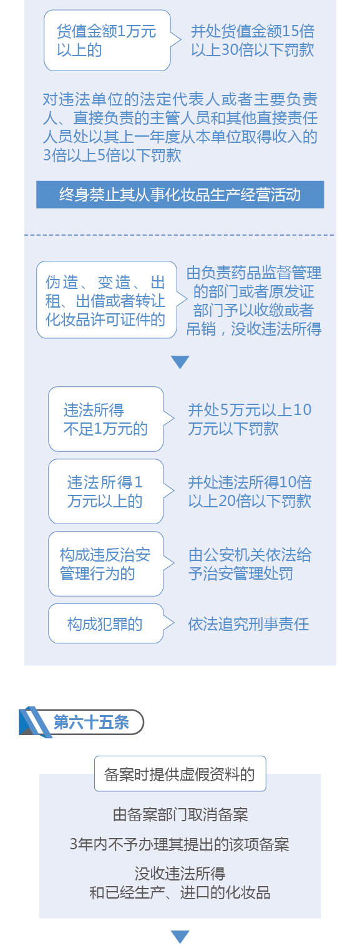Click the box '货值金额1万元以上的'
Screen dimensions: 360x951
(x=107, y=41)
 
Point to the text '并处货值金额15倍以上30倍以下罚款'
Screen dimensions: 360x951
(x=253, y=41)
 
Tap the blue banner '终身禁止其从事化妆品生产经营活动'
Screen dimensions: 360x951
(x=180, y=195)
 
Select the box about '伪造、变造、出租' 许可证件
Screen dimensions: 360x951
(x=107, y=300)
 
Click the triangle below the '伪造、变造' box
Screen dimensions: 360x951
(x=180, y=362)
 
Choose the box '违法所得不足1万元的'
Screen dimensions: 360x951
(x=106, y=419)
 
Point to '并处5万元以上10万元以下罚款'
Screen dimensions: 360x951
(x=250, y=419)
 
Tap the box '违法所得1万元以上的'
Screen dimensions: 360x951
(x=106, y=491)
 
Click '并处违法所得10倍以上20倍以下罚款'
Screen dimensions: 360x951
(x=250, y=492)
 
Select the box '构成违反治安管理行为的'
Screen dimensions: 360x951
(x=106, y=564)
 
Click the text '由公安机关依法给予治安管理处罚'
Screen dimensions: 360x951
(x=250, y=564)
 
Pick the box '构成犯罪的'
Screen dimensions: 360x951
(x=106, y=623)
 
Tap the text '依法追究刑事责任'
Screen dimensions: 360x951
(x=248, y=623)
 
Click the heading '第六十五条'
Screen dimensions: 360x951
(x=91, y=722)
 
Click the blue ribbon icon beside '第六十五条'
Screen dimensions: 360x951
(x=35, y=722)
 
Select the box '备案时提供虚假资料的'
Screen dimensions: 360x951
(x=180, y=774)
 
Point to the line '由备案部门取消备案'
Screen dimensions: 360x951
(x=180, y=814)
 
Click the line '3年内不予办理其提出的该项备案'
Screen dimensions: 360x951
(x=180, y=844)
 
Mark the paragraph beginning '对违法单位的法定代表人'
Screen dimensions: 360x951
(x=180, y=127)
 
